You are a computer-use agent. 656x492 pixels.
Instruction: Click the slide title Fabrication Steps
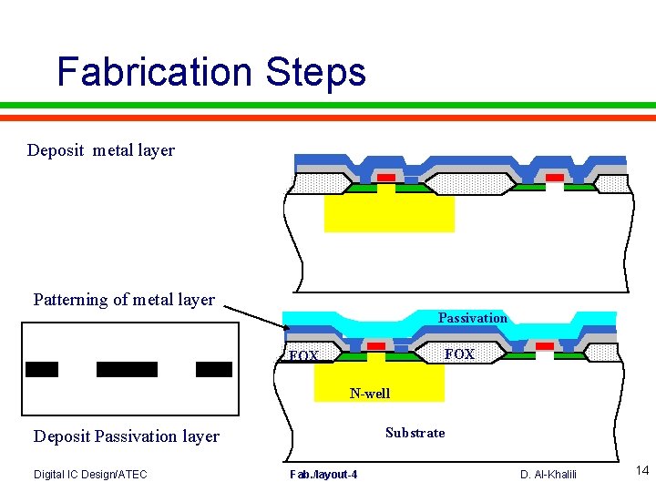[x=210, y=72]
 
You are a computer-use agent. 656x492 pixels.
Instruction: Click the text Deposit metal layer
[x=101, y=150]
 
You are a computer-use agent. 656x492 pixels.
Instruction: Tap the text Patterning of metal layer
[x=124, y=300]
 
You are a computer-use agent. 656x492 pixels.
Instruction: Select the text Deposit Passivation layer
[x=127, y=436]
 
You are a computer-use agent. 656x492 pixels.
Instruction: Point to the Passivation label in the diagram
[x=472, y=318]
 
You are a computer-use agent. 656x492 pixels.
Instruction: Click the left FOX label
[x=302, y=355]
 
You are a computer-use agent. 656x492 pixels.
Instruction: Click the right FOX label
[x=459, y=354]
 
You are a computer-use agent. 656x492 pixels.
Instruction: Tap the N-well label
[x=370, y=394]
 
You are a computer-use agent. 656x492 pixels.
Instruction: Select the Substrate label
[x=415, y=433]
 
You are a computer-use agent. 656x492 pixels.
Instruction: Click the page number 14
[x=642, y=471]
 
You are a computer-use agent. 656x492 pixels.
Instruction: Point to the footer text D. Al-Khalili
[x=548, y=474]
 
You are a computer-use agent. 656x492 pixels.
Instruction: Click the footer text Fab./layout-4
[x=323, y=475]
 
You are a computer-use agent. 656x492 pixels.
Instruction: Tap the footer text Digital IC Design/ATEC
[x=90, y=474]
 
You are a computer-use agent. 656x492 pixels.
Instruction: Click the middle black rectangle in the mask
[x=127, y=369]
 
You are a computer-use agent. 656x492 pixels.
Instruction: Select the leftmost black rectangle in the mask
[x=42, y=369]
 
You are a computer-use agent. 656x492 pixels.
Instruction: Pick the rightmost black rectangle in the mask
[x=214, y=369]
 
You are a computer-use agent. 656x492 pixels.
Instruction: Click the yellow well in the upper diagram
[x=389, y=214]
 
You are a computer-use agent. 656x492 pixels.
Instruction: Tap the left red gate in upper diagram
[x=386, y=177]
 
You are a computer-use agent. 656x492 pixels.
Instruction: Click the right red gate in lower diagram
[x=544, y=346]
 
